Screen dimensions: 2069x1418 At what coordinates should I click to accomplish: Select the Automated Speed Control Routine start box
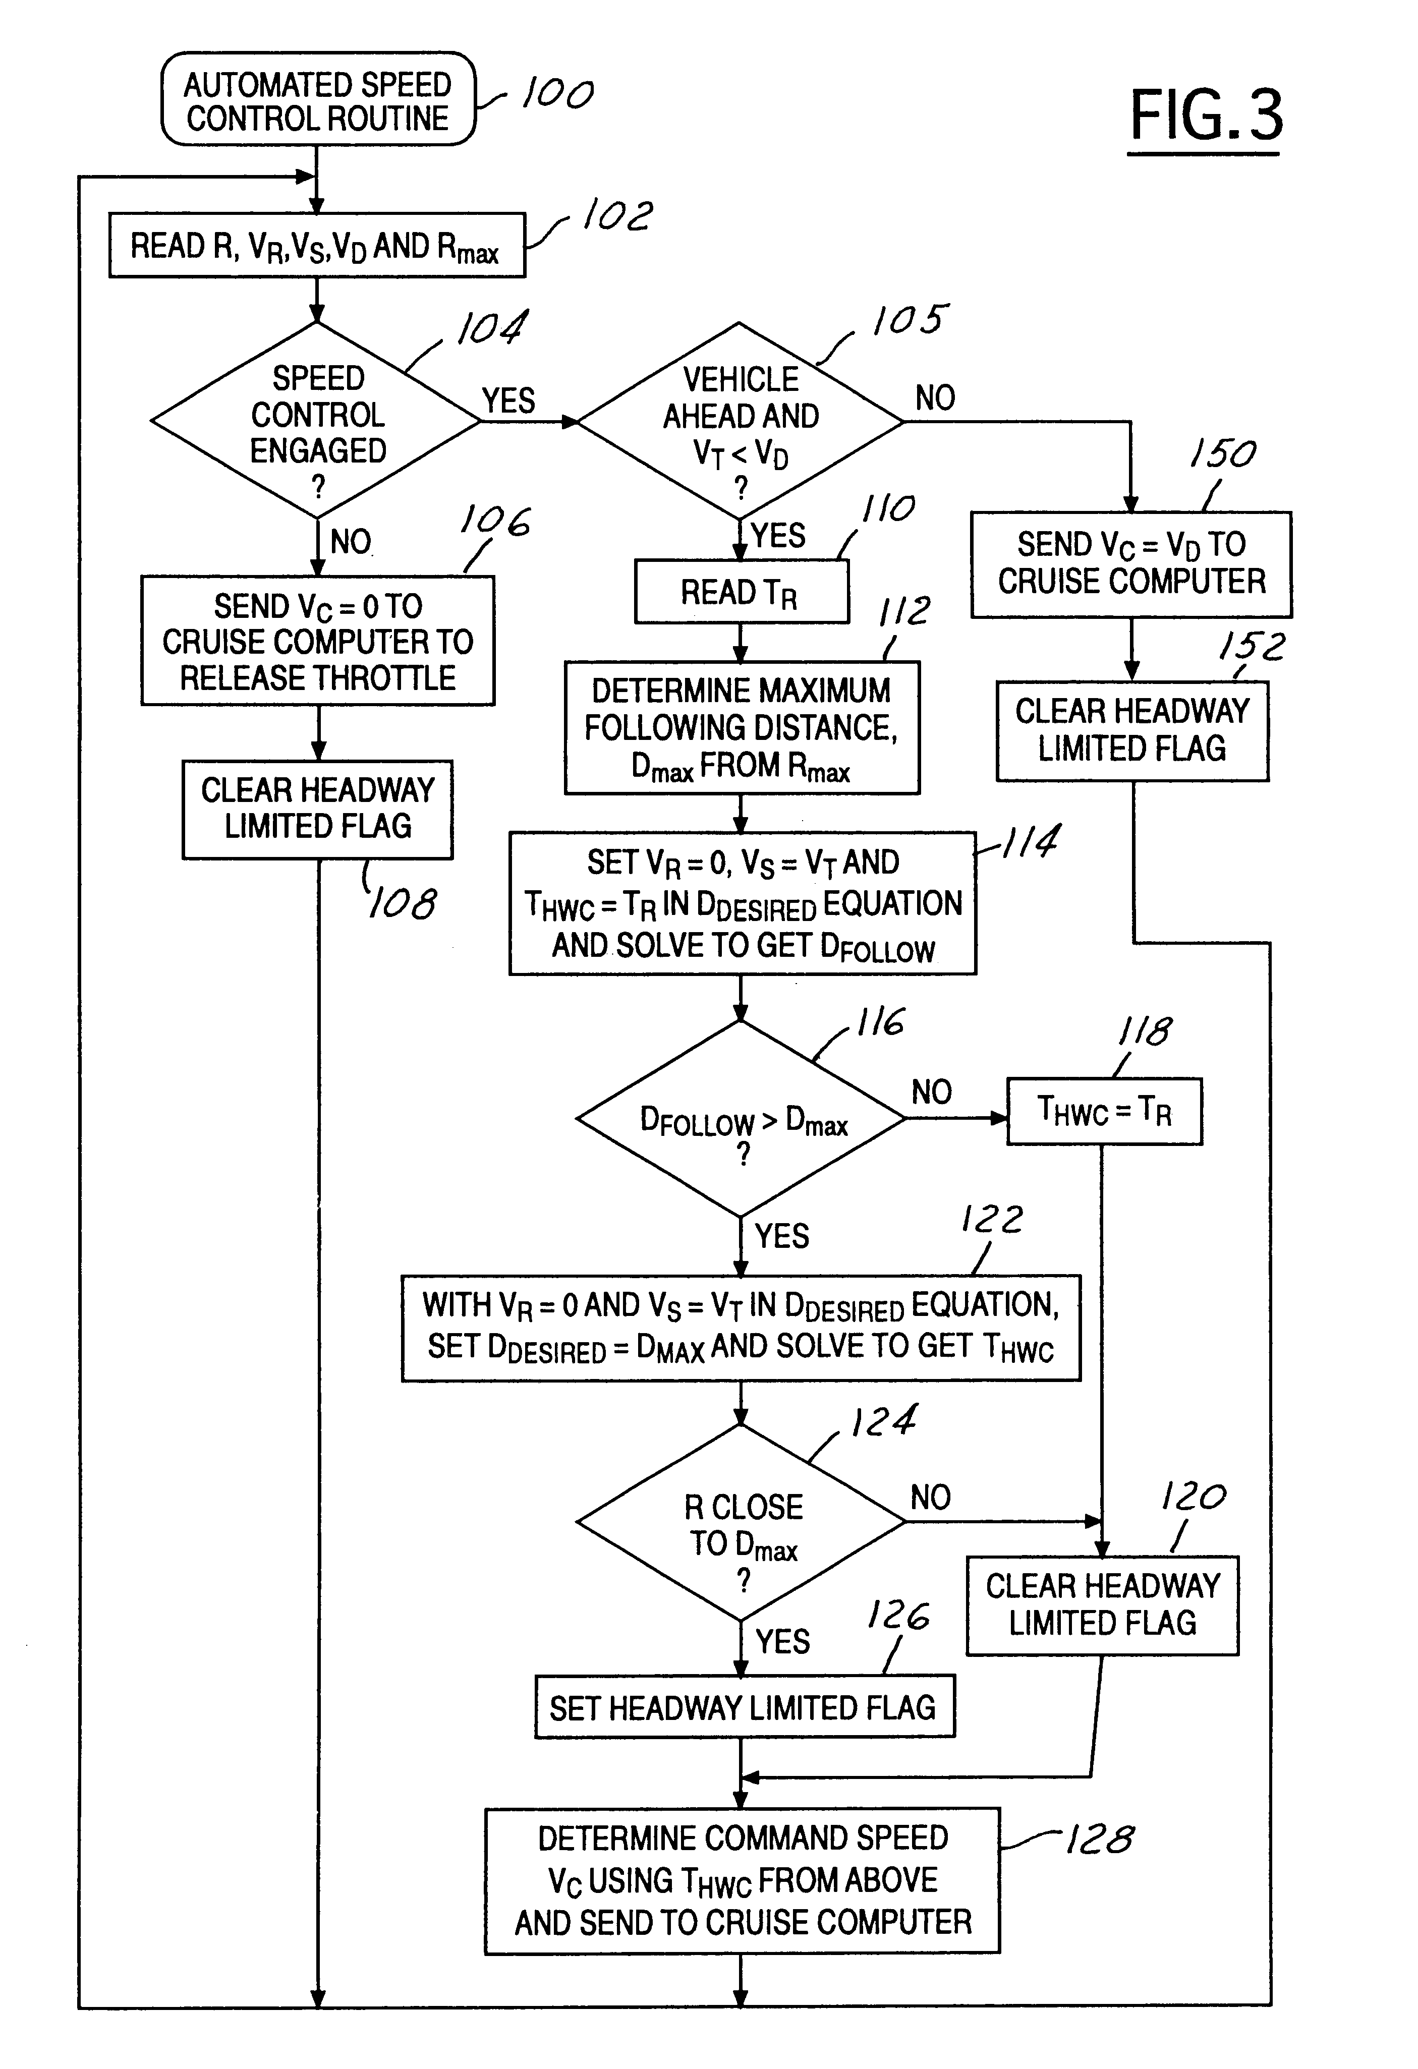pyautogui.click(x=318, y=100)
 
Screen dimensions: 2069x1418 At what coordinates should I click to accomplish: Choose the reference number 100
pyautogui.click(x=557, y=93)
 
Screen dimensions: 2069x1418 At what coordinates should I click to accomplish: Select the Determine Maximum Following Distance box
pyautogui.click(x=742, y=727)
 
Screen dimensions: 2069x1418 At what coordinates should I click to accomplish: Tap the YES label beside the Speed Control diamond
pyautogui.click(x=508, y=400)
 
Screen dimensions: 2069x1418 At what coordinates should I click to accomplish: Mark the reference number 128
pyautogui.click(x=1100, y=1840)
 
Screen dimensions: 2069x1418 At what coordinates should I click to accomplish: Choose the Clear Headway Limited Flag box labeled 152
pyautogui.click(x=1131, y=731)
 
